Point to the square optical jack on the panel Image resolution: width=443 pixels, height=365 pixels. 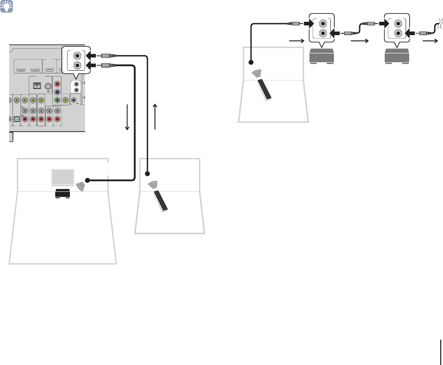tap(16, 119)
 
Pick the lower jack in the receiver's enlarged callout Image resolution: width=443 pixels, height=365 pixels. tap(78, 65)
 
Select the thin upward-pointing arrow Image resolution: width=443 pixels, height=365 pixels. tap(155, 117)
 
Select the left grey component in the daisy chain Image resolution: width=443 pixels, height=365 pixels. tap(322, 57)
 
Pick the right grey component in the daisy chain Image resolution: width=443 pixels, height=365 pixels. tap(398, 57)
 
